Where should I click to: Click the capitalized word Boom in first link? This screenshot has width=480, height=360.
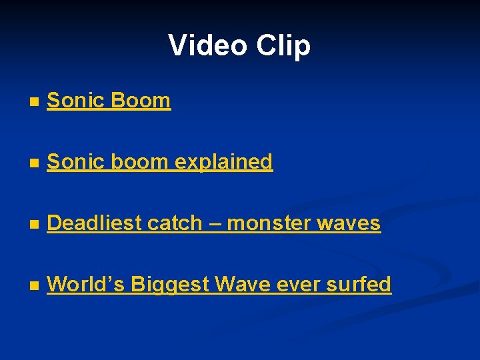pyautogui.click(x=141, y=101)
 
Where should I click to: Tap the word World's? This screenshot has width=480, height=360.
pyautogui.click(x=86, y=285)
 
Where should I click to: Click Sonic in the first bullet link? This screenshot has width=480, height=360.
pyautogui.click(x=74, y=101)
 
